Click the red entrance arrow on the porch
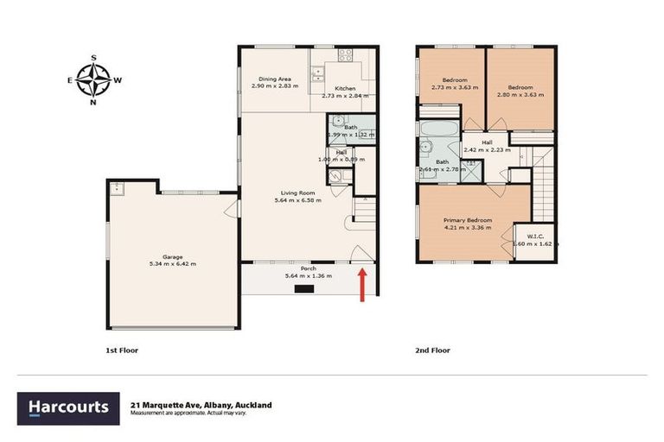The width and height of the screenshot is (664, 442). (361, 285)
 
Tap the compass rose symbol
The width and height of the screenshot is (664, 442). (93, 80)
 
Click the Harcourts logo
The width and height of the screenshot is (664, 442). (68, 407)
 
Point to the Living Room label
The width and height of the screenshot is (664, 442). (296, 193)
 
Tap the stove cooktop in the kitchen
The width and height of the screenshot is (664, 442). (346, 55)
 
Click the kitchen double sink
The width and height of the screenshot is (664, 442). (319, 73)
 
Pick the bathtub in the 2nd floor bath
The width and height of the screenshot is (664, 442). (439, 129)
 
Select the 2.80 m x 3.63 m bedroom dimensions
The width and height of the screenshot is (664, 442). (525, 94)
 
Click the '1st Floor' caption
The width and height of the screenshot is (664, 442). (120, 350)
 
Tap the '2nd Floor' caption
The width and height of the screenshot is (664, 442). (431, 350)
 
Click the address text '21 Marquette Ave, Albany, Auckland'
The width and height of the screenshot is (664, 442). (201, 404)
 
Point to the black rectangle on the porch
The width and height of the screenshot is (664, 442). (305, 290)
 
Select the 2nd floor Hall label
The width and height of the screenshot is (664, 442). (487, 142)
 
